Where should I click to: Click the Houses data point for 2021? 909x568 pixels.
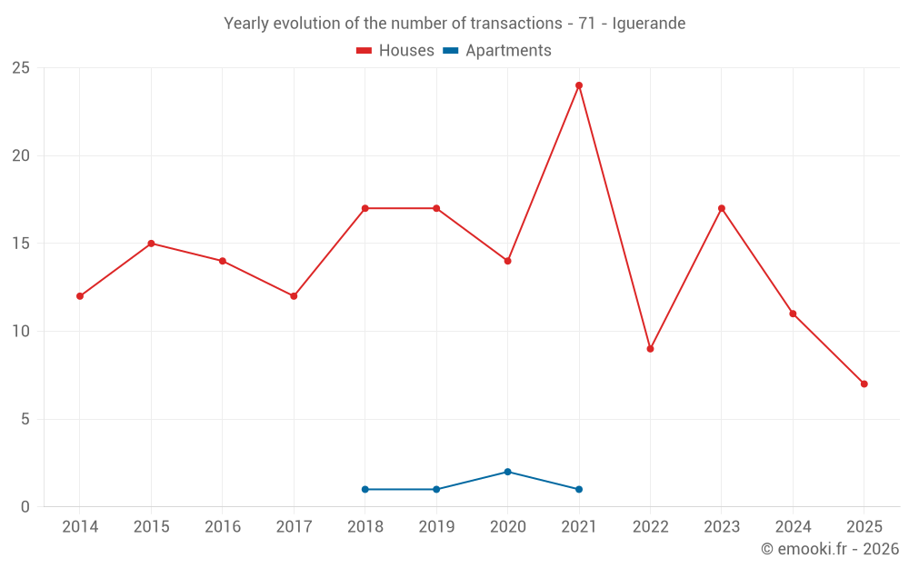[x=579, y=85]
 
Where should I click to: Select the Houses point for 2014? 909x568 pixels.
[x=80, y=296]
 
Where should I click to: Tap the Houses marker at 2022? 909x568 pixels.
[x=650, y=349]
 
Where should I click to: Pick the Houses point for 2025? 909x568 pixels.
[x=864, y=384]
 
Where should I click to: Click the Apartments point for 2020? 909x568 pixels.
[x=507, y=472]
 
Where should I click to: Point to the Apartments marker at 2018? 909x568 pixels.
[x=365, y=489]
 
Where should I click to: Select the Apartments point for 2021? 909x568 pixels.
[x=579, y=489]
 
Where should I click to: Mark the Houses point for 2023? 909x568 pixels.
[x=722, y=208]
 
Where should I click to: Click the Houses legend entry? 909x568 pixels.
[x=395, y=51]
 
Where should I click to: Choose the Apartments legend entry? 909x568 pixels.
[x=497, y=51]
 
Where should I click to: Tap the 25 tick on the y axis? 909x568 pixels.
[x=20, y=68]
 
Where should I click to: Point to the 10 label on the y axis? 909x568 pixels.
[x=20, y=332]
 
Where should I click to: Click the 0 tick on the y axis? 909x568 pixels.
[x=25, y=507]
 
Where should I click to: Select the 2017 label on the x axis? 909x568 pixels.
[x=294, y=527]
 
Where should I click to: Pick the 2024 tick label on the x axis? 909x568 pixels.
[x=793, y=527]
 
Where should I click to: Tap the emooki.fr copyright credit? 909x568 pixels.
[x=830, y=549]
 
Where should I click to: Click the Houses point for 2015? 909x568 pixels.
[x=151, y=244]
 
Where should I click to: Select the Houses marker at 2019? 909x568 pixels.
[x=436, y=208]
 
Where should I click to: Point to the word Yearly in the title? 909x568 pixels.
[x=246, y=24]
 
